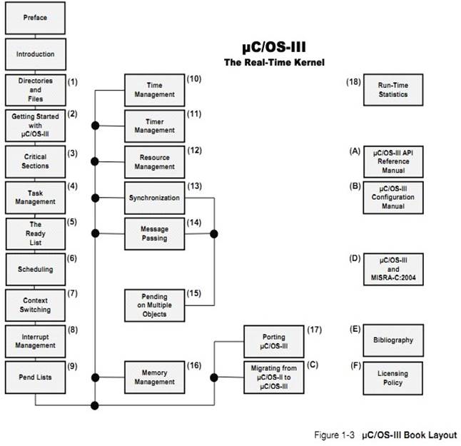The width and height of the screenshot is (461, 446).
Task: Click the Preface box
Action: pyautogui.click(x=35, y=17)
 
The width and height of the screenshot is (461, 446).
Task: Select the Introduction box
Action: pyautogui.click(x=35, y=54)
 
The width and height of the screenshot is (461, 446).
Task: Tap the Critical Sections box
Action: pyautogui.click(x=35, y=161)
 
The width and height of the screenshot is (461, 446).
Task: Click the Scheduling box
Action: pyautogui.click(x=35, y=269)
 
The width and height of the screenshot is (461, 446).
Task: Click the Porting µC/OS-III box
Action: pyautogui.click(x=275, y=340)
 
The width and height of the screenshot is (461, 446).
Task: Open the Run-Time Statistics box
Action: pyautogui.click(x=393, y=90)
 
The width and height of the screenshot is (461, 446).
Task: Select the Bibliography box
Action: pyautogui.click(x=393, y=340)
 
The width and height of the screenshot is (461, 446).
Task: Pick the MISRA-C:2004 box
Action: pyautogui.click(x=393, y=269)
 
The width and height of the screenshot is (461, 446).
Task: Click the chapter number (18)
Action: pyautogui.click(x=353, y=82)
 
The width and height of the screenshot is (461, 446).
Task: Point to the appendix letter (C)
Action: pyautogui.click(x=313, y=365)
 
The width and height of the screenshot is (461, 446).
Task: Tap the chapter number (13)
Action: pyautogui.click(x=195, y=186)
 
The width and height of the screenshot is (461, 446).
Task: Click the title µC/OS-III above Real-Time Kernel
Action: pyautogui.click(x=274, y=49)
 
